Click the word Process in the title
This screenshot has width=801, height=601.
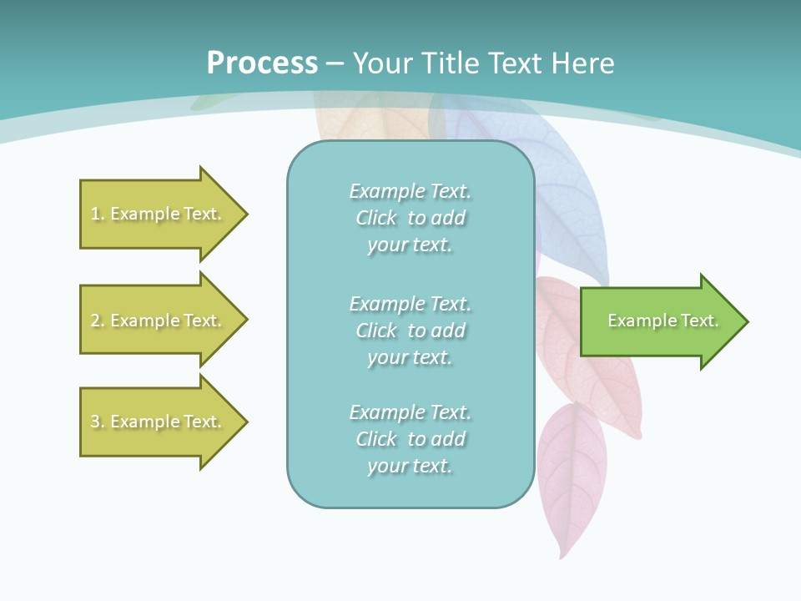(262, 63)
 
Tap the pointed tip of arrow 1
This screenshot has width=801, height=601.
(245, 214)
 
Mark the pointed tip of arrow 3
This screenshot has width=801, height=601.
(245, 422)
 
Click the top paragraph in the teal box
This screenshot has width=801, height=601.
(410, 218)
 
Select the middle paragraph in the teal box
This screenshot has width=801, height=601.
(410, 331)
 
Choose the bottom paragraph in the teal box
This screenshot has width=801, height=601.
(410, 439)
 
